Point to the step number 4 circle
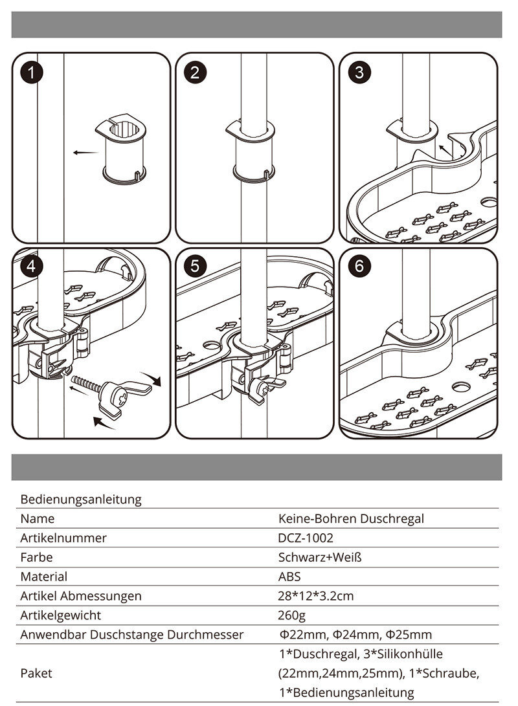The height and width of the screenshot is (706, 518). [31, 267]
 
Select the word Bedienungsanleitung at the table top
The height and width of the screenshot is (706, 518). [81, 500]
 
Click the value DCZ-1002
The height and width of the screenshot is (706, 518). [306, 538]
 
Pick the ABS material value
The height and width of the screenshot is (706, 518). [289, 577]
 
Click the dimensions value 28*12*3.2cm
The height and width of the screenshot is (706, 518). [316, 596]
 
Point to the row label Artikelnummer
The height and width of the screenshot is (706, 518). [63, 538]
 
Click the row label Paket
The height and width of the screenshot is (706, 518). [36, 673]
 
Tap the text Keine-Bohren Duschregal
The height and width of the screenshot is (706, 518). [352, 518]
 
